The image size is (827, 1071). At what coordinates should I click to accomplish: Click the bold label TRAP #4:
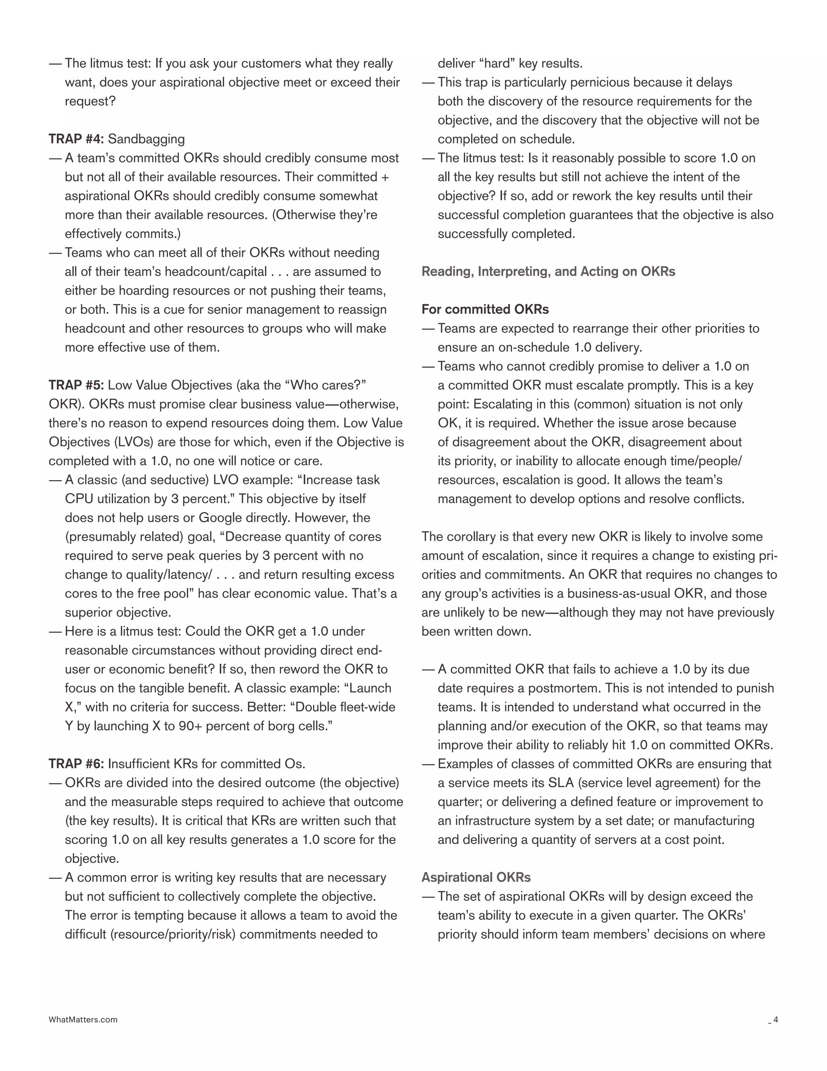coord(76,139)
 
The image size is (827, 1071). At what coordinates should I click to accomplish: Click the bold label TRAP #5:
coord(76,386)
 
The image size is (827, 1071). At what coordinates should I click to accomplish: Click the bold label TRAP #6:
coord(76,764)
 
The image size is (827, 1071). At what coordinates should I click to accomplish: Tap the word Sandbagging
coord(147,139)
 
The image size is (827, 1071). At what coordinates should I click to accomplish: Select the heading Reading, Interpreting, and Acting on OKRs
coord(548,272)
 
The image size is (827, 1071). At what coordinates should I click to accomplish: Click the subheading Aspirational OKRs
coord(476,877)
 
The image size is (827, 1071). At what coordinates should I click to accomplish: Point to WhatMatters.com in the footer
coord(83,1020)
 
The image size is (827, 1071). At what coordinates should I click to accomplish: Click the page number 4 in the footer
coord(776,1020)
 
